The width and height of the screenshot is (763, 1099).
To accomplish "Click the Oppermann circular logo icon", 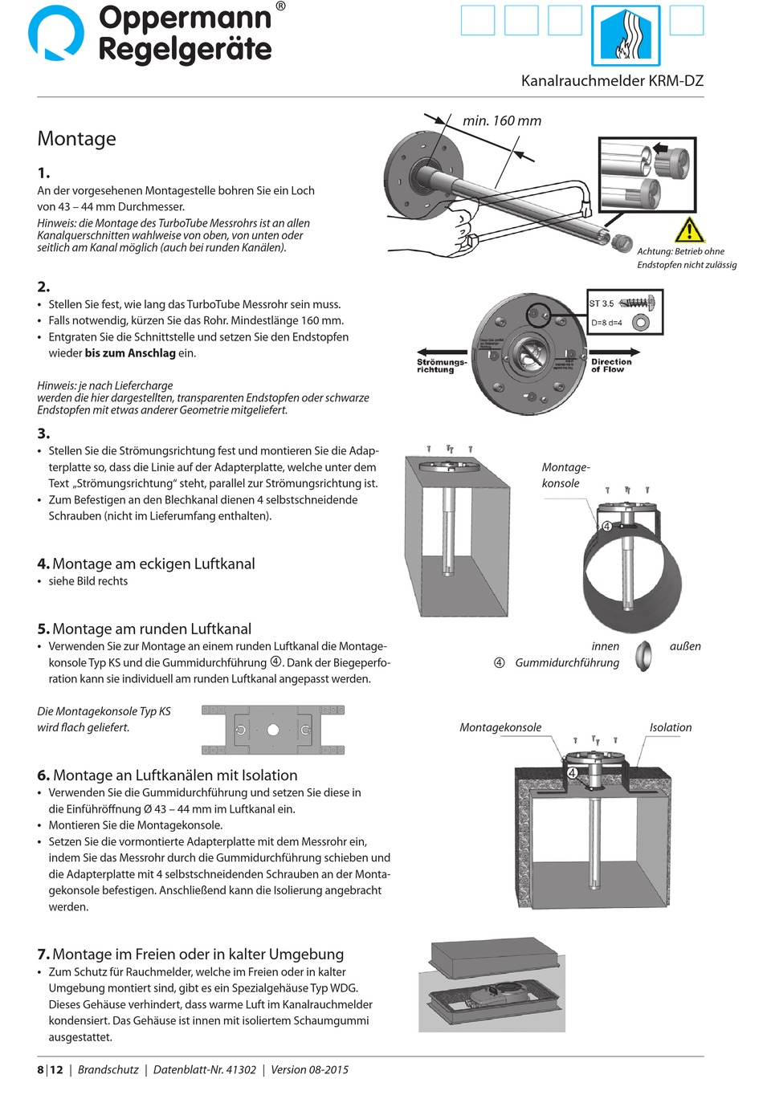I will (x=55, y=34).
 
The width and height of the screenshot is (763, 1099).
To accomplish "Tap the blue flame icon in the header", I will (x=626, y=35).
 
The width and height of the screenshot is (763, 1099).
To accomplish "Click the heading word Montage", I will (x=76, y=139).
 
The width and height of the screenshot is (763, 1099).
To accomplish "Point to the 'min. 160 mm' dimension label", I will (x=502, y=121).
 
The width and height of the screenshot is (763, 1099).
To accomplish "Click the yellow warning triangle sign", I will (x=689, y=230).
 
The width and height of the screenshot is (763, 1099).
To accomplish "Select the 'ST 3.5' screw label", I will (x=602, y=303).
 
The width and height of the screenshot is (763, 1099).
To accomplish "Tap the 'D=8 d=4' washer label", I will (x=606, y=323).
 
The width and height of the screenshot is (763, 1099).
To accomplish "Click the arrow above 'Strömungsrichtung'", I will (x=441, y=352).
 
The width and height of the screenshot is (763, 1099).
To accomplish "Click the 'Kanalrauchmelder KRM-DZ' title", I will (x=612, y=81).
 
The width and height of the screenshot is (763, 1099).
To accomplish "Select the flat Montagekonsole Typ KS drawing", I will (x=273, y=730).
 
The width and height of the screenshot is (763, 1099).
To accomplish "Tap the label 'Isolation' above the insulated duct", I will (x=670, y=727).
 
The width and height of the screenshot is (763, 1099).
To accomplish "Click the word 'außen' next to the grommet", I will (x=685, y=646).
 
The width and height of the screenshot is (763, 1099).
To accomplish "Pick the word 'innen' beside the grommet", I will (x=605, y=646).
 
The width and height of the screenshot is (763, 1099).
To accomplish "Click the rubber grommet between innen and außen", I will (x=643, y=655).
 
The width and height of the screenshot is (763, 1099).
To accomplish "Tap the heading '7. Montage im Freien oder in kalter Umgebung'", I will (x=190, y=954).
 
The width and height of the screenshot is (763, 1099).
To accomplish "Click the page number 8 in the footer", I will (x=41, y=1069).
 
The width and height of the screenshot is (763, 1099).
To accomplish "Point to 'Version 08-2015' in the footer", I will (x=309, y=1069).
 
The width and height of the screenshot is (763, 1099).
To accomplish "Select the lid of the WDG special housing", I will (x=494, y=959).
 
